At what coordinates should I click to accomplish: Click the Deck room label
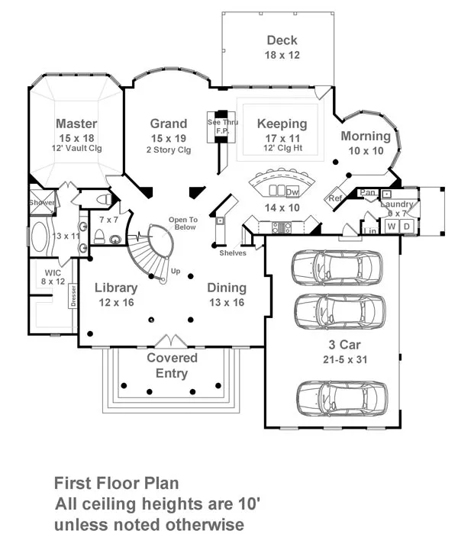pyautogui.click(x=282, y=40)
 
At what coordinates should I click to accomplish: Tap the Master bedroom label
pyautogui.click(x=76, y=124)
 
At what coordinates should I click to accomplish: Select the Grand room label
pyautogui.click(x=168, y=124)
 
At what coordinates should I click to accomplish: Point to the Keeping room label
pyautogui.click(x=282, y=124)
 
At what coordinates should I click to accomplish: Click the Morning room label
pyautogui.click(x=365, y=137)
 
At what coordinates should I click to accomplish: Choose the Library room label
pyautogui.click(x=116, y=288)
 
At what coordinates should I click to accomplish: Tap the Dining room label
pyautogui.click(x=227, y=288)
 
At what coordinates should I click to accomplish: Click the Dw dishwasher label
pyautogui.click(x=292, y=191)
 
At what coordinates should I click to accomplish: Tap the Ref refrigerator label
pyautogui.click(x=335, y=198)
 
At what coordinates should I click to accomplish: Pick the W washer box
pyautogui.click(x=392, y=227)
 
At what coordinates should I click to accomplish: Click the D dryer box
pyautogui.click(x=406, y=227)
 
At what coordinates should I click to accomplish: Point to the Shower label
pyautogui.click(x=42, y=203)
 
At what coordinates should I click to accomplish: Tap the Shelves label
pyautogui.click(x=233, y=253)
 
